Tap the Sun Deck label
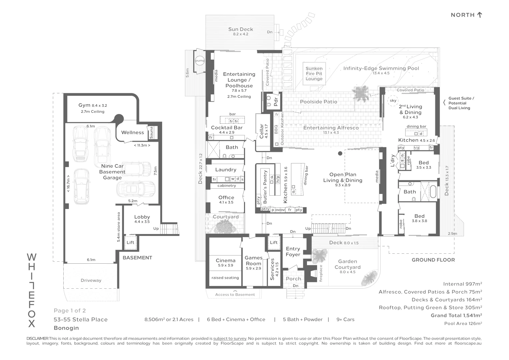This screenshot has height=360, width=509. pos(240,29)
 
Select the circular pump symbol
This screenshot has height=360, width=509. pos(200,61)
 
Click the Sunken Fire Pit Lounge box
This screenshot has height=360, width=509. pos(314,74)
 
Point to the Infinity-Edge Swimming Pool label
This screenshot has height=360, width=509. pos(381,68)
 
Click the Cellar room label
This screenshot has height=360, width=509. pos(262,131)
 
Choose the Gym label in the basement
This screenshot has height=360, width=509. pos(84,105)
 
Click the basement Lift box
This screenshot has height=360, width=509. pos(130,242)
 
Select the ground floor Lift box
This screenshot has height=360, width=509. pos(274,242)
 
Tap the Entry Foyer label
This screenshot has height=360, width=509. pos(293,252)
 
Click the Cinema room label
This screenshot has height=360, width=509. pos(225,260)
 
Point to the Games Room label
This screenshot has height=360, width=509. pos(253,261)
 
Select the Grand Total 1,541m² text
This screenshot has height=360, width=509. pos(456,315)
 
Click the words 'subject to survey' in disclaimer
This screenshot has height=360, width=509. pos(230,338)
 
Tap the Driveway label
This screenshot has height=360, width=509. pos(91,280)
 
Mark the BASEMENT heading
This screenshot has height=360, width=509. pos(137,258)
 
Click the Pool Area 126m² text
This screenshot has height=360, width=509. pos(463,323)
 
